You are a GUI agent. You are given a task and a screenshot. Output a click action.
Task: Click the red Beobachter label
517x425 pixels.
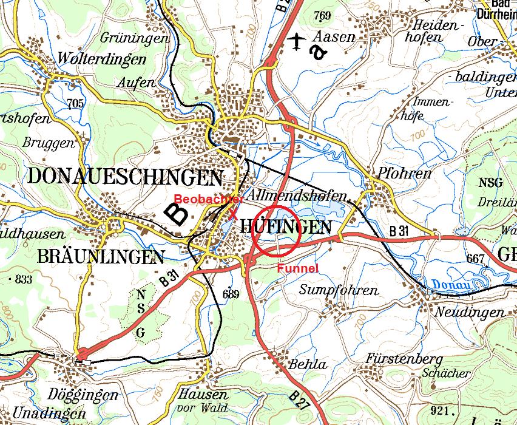click(x=208, y=199)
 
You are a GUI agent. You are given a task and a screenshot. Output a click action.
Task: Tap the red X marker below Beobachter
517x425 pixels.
click(x=232, y=213)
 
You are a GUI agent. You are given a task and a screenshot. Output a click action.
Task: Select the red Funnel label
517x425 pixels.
click(x=298, y=268)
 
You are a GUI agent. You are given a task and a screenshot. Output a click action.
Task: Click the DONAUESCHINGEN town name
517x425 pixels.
click(x=125, y=177)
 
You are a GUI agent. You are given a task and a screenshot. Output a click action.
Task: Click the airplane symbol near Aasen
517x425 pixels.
click(x=297, y=41)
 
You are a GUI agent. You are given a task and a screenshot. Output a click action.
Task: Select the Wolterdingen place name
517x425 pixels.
click(x=103, y=59)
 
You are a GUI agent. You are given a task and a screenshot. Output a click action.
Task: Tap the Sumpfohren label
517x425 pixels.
click(x=339, y=290)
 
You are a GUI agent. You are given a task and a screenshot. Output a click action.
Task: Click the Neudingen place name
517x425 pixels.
click(x=470, y=313)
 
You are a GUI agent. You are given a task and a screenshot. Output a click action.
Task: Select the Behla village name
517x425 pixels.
click(x=308, y=365)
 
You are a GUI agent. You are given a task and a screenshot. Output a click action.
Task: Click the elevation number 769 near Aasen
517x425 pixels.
click(x=323, y=16)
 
